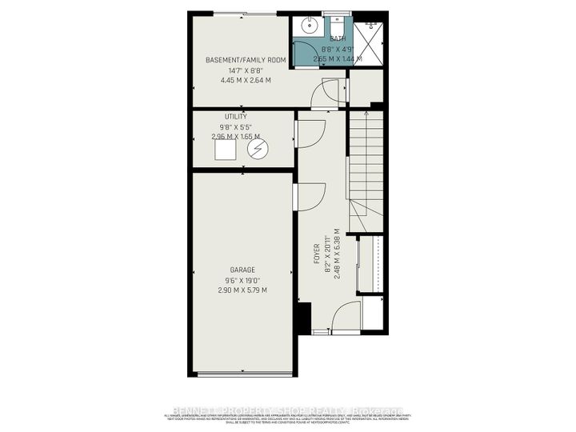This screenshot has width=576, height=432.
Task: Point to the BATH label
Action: [337, 38]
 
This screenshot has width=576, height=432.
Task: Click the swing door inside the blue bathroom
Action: [305, 51]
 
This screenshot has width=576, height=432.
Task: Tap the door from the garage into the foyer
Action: [309, 197]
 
